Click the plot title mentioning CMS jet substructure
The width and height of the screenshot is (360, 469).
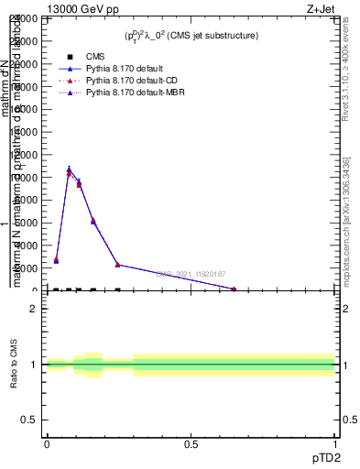(x=191, y=36)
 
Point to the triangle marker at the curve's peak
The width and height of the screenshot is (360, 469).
(x=69, y=171)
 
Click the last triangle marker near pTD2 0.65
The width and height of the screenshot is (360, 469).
(x=234, y=289)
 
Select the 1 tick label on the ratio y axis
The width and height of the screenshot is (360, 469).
(x=34, y=365)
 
